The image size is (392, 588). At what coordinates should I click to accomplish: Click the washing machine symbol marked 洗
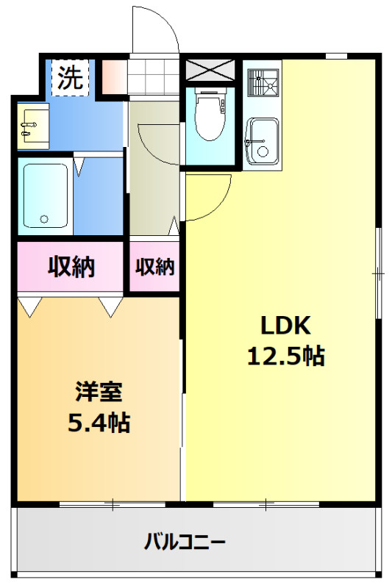71,78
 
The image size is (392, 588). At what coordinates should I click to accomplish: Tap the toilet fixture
211,115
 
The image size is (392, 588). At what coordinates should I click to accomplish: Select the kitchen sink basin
262,141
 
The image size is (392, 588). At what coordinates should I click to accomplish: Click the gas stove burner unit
263,82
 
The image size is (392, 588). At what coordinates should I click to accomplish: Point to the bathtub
46,195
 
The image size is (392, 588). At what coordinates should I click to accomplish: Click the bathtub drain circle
45,219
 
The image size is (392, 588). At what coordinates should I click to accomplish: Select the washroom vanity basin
33,126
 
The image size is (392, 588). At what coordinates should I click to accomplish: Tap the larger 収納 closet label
71,266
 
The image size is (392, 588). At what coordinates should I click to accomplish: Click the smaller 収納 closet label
155,267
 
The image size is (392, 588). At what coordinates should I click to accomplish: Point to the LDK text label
286,325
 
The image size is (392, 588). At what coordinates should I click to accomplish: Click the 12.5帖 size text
286,356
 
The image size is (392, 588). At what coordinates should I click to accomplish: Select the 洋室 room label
99,392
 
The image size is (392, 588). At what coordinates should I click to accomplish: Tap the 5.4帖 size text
99,423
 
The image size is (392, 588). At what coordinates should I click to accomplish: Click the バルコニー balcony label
185,542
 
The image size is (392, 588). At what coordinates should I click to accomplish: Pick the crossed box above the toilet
210,70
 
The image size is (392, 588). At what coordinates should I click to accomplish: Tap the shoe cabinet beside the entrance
114,77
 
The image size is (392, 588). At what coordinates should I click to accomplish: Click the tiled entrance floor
154,77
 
